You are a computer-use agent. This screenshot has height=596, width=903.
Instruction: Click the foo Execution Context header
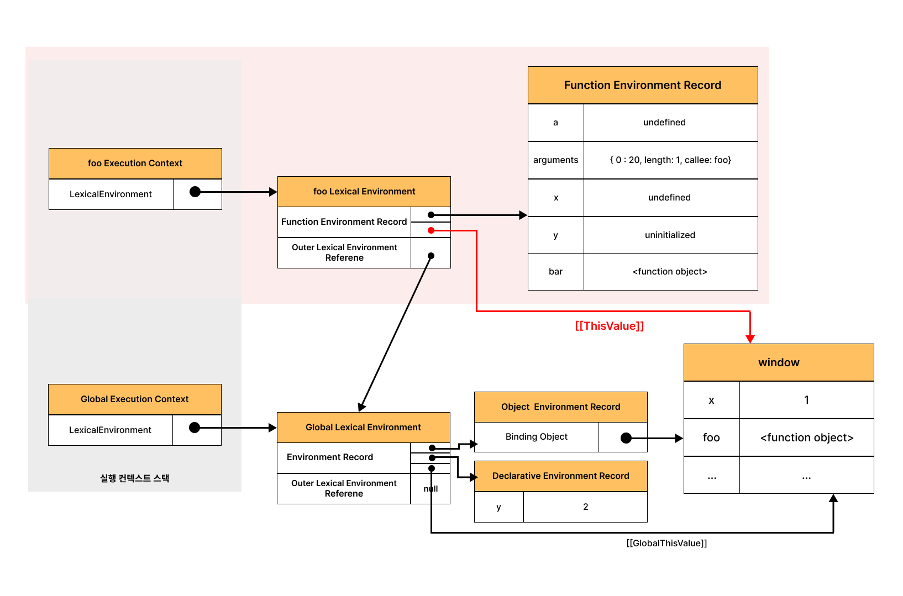click(x=135, y=163)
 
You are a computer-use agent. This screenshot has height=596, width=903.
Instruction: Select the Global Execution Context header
click(x=135, y=399)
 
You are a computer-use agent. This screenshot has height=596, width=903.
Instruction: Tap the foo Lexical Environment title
click(x=364, y=192)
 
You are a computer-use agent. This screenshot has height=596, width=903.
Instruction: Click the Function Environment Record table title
click(x=643, y=85)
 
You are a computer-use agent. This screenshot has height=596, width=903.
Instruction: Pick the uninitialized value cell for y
click(x=670, y=235)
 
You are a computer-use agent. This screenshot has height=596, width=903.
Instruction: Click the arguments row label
click(x=555, y=160)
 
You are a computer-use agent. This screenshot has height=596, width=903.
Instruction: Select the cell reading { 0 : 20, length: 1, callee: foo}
click(x=670, y=160)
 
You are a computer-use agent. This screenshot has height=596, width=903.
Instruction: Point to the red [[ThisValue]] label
click(x=609, y=326)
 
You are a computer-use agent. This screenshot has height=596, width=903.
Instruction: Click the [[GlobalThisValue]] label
click(x=666, y=543)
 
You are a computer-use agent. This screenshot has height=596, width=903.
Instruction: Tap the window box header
click(x=779, y=362)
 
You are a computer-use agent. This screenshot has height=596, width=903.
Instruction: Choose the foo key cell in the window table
click(x=712, y=437)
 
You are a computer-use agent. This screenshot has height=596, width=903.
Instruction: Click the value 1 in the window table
click(x=807, y=400)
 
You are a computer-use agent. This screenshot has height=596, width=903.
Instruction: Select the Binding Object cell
click(x=537, y=437)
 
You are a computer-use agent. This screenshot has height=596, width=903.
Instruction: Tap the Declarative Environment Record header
click(x=561, y=476)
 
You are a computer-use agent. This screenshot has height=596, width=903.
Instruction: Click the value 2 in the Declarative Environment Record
click(x=585, y=507)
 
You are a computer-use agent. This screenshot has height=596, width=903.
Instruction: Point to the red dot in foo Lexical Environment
click(x=431, y=230)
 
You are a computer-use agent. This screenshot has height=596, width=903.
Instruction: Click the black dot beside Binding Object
click(x=626, y=438)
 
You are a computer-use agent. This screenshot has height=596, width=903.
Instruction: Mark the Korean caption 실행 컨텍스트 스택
click(x=135, y=478)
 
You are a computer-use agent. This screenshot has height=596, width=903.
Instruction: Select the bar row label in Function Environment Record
click(x=555, y=272)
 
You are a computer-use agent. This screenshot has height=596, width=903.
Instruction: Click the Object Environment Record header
click(x=561, y=407)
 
